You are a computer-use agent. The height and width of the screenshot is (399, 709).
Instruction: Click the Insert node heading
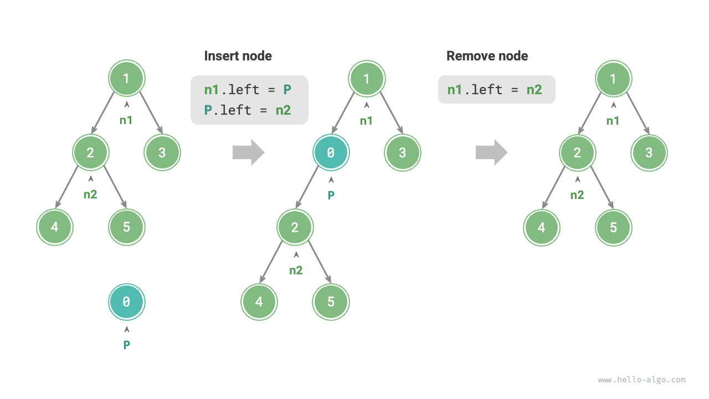tap(238, 56)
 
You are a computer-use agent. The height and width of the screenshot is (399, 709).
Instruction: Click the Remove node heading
tap(487, 56)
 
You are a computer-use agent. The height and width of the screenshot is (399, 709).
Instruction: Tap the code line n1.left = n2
tap(495, 90)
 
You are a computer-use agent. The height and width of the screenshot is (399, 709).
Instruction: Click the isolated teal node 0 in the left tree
tap(126, 302)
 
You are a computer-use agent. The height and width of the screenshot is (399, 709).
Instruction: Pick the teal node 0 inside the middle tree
tap(331, 152)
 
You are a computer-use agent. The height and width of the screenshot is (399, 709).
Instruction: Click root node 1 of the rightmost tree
tap(613, 79)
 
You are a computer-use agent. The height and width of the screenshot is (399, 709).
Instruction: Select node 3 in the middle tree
tap(403, 152)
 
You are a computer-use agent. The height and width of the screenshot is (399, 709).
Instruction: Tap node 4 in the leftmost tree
tap(55, 227)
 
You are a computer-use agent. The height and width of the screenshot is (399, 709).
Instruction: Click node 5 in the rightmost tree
tap(613, 227)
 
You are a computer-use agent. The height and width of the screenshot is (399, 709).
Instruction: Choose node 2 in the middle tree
tap(295, 227)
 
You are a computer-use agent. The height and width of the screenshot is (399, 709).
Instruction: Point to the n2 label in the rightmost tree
tap(577, 195)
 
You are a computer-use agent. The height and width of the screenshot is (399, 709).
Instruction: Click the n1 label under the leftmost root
tap(126, 120)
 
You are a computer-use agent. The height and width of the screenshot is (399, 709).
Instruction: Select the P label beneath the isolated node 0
tap(126, 345)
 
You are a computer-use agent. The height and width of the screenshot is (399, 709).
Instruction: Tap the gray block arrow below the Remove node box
tap(491, 152)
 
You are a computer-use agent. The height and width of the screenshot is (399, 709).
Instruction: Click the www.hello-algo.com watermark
tap(641, 380)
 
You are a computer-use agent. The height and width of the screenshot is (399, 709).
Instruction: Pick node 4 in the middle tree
tap(259, 302)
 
